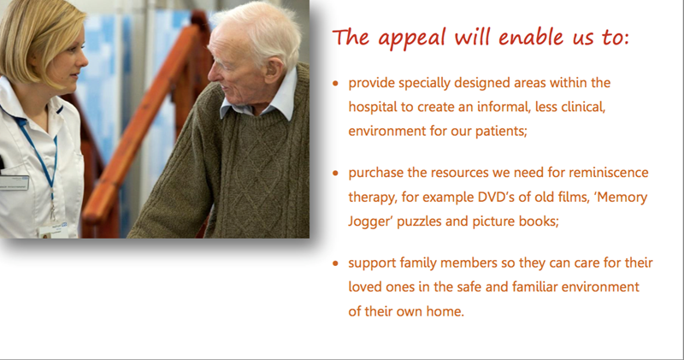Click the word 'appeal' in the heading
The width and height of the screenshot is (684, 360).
point(412,38)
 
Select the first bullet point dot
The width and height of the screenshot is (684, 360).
point(335,83)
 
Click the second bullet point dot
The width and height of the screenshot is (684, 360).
point(335,173)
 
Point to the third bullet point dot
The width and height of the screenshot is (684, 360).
point(335,263)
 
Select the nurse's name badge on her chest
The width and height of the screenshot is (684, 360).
point(13,182)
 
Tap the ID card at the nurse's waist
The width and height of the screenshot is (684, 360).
point(53,230)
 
